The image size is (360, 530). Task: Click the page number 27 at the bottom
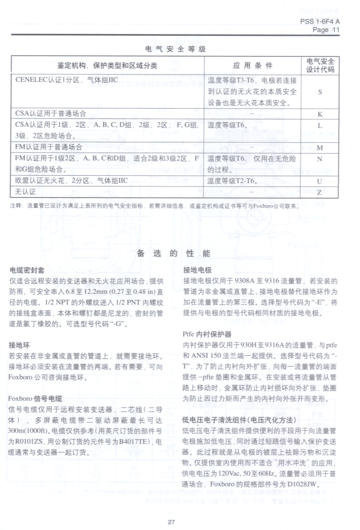coord(171,521)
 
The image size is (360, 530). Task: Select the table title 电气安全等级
coord(175,49)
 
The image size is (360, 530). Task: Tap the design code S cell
coord(320,92)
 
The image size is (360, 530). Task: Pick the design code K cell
coord(320,114)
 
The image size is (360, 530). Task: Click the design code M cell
coord(320,147)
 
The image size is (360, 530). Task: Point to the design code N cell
coord(320,159)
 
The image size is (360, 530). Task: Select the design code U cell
coord(320,181)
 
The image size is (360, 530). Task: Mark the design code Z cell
coord(320,192)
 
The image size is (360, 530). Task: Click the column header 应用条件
coord(252,66)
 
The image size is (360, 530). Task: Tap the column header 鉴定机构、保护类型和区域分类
coord(108,66)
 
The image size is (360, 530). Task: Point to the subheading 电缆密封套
coord(24,270)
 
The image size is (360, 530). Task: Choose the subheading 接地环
coord(20,345)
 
